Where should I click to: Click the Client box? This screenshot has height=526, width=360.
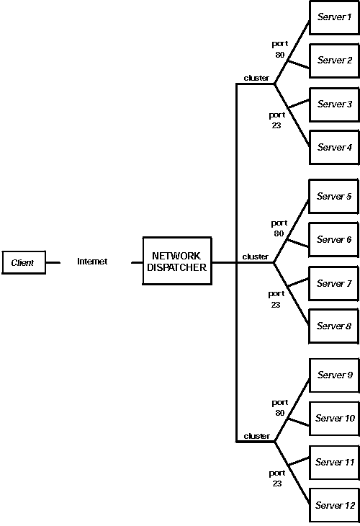(23, 263)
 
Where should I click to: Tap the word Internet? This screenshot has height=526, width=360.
(92, 262)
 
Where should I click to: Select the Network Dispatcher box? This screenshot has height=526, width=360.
(177, 262)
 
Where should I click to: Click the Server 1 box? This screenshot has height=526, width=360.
(334, 17)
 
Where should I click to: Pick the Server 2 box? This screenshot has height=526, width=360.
(334, 61)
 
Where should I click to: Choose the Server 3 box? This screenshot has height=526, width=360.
(334, 104)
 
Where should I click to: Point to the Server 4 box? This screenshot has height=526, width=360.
(334, 148)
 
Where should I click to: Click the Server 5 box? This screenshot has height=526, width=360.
(334, 197)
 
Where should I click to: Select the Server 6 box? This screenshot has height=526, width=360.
(334, 240)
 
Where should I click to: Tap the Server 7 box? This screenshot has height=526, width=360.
(334, 284)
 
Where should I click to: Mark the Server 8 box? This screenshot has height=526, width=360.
(334, 326)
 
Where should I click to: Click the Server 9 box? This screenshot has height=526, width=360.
(334, 375)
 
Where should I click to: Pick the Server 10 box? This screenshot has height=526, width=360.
(334, 419)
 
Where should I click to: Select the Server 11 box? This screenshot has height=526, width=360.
(334, 463)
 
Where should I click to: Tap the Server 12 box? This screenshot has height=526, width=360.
(334, 506)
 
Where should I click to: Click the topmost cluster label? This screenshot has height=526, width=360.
(256, 78)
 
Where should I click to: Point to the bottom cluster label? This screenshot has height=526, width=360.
(256, 436)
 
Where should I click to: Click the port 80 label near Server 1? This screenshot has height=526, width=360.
(279, 49)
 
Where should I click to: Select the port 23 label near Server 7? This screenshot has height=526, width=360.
(276, 299)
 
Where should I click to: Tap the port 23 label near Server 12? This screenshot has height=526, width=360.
(277, 478)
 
